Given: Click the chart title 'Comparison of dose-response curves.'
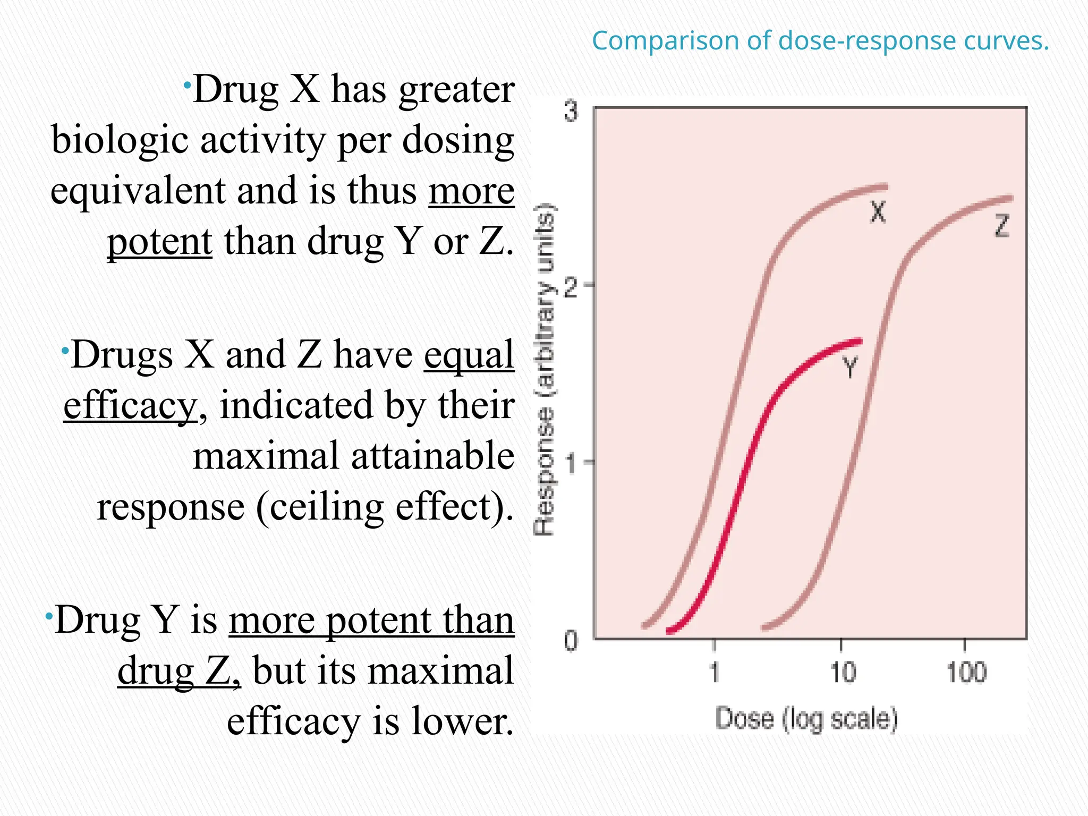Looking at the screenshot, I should (x=820, y=41).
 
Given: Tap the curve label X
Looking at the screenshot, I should (x=878, y=212).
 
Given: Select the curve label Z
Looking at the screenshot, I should (x=1001, y=226).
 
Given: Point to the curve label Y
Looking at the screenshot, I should (x=850, y=367).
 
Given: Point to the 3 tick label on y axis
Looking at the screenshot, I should (x=570, y=112).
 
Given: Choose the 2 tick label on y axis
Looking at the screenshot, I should (x=570, y=287).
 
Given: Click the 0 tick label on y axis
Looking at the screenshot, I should (x=570, y=641).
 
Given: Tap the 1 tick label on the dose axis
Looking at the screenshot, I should (x=715, y=673).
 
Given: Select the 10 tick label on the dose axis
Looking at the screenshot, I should (x=843, y=673).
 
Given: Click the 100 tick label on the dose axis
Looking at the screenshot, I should (x=966, y=673).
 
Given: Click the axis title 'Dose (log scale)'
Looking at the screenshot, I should (x=806, y=719).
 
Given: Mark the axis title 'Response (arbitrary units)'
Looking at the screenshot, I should (x=544, y=369).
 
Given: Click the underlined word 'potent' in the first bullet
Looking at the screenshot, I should (x=160, y=242).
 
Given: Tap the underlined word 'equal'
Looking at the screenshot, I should (x=469, y=355).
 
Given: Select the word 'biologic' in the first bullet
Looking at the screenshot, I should (x=120, y=140).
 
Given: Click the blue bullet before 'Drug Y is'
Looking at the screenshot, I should (x=49, y=616).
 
